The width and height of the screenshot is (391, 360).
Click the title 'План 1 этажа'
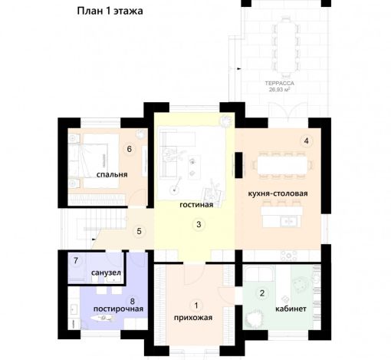[x=110, y=12]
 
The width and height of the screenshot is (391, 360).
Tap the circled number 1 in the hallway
[x=195, y=306]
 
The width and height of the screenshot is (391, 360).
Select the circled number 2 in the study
[x=261, y=292]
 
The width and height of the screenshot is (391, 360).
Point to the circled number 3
[x=199, y=225]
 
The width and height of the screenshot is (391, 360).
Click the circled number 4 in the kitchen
[x=306, y=141]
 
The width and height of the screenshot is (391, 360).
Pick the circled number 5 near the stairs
[x=139, y=230]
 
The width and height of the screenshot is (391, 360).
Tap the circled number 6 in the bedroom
[x=130, y=149]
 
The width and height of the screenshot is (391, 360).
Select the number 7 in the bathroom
[x=76, y=261]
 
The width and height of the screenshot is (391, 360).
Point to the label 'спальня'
[x=112, y=175]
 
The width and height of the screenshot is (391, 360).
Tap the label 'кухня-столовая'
[x=278, y=193]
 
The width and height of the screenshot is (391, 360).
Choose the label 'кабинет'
[x=290, y=309]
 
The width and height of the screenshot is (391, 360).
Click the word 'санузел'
[x=105, y=273]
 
